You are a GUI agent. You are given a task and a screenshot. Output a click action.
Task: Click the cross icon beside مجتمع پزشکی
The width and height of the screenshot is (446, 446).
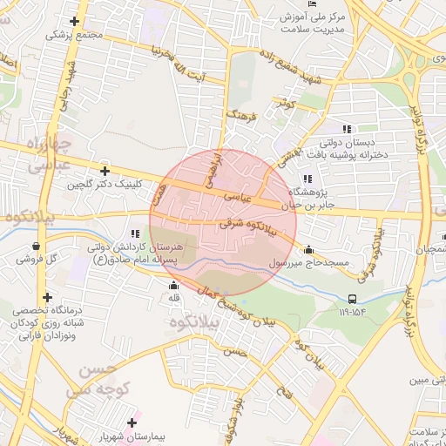tap(75, 21)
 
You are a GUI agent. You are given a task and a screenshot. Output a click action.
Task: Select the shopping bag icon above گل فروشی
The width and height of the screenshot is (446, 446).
tap(34, 247)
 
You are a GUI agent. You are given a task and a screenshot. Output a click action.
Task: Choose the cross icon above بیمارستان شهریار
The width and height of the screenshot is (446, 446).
tap(132, 422)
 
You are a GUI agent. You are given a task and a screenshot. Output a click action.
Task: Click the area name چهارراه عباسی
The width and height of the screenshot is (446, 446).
tap(39, 153)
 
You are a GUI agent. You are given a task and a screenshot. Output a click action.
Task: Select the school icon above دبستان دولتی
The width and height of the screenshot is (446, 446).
tap(348, 129)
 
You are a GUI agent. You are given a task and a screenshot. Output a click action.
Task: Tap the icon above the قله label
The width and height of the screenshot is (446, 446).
tap(173, 285)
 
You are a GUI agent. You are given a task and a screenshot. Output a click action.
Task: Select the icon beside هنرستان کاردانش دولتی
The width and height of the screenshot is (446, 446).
tap(134, 233)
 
